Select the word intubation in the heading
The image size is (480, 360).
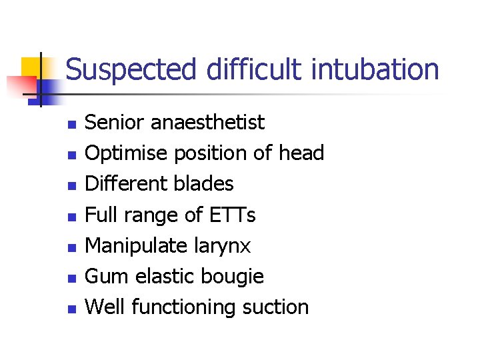(x=375, y=69)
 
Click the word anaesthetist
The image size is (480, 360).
(x=208, y=123)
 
